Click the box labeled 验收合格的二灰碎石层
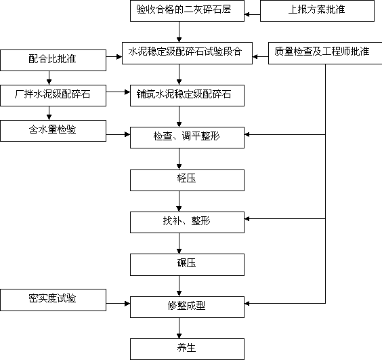pyautogui.click(x=187, y=11)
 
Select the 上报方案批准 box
pyautogui.click(x=317, y=11)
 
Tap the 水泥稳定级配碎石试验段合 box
pyautogui.click(x=187, y=53)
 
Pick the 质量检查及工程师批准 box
pyautogui.click(x=325, y=53)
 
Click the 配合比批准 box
pyautogui.click(x=53, y=60)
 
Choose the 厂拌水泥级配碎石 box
pyautogui.click(x=53, y=96)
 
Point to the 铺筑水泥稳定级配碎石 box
pyautogui.click(x=187, y=96)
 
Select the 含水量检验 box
pyautogui.click(x=53, y=130)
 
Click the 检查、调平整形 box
pyautogui.click(x=187, y=138)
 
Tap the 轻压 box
pyautogui.click(x=187, y=180)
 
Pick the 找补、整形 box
pyautogui.click(x=187, y=222)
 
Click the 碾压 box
pyautogui.click(x=187, y=264)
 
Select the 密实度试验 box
pyautogui.click(x=53, y=300)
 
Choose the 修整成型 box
pyautogui.click(x=187, y=307)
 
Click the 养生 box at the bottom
pyautogui.click(x=187, y=349)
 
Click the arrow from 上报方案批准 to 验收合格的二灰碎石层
pyautogui.click(x=253, y=15)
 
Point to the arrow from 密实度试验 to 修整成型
pyautogui.click(x=118, y=304)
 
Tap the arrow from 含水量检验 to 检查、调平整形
pyautogui.click(x=118, y=134)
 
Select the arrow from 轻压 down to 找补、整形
pyautogui.click(x=179, y=201)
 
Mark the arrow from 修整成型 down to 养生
pyautogui.click(x=179, y=328)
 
